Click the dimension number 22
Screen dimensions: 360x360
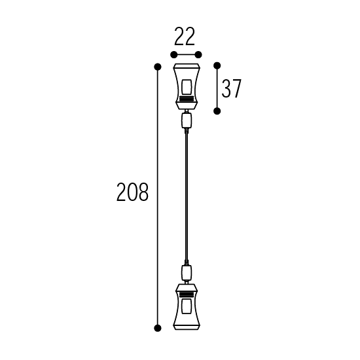185,36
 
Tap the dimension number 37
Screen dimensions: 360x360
232,88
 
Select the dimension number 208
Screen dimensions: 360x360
132,192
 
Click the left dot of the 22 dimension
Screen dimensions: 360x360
174,55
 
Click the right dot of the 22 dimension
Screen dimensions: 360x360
198,55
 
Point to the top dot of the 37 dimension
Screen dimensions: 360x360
217,65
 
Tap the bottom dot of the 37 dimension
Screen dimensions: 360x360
217,111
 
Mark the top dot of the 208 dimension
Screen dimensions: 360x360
158,67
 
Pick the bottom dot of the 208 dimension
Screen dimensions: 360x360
158,328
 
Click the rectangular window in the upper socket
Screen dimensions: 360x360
187,87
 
